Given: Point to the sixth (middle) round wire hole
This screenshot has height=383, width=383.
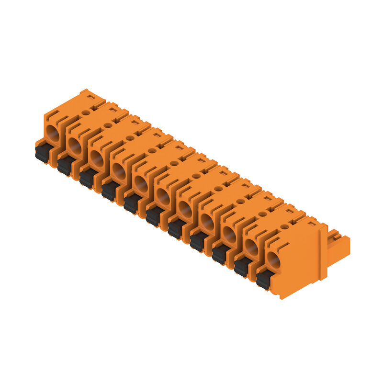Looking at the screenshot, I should [x=163, y=197].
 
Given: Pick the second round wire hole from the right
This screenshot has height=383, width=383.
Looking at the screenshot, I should [x=251, y=248].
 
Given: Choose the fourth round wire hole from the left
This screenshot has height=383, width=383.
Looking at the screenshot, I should [x=119, y=171].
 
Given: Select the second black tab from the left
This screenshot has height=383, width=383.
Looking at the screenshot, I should [x=66, y=165].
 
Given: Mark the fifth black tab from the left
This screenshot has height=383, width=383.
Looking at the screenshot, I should [x=132, y=203].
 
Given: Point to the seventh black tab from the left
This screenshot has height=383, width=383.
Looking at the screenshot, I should [x=176, y=228].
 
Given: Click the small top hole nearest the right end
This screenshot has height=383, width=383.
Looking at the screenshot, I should [x=284, y=226].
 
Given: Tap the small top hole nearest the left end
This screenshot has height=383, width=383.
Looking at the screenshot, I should [x=86, y=113].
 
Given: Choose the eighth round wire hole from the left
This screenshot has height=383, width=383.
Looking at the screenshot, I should [x=207, y=222].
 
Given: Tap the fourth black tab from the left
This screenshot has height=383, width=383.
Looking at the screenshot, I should [x=110, y=191].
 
